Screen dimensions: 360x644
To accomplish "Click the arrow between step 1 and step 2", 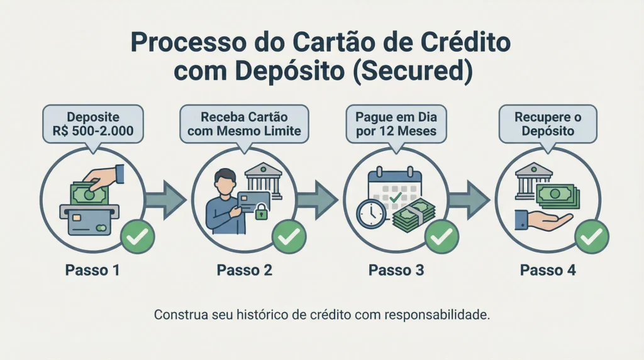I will click(165, 201).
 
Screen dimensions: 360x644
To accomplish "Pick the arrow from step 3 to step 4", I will click(469, 201).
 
